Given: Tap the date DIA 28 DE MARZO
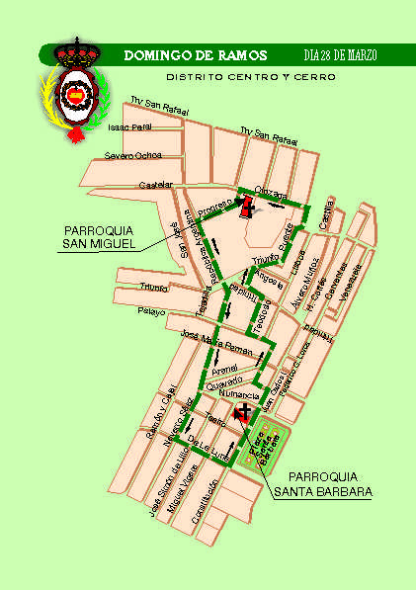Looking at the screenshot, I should point(339,54).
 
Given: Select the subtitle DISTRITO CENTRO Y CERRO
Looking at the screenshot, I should point(250,76).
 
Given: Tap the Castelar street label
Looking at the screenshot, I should point(157,185).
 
